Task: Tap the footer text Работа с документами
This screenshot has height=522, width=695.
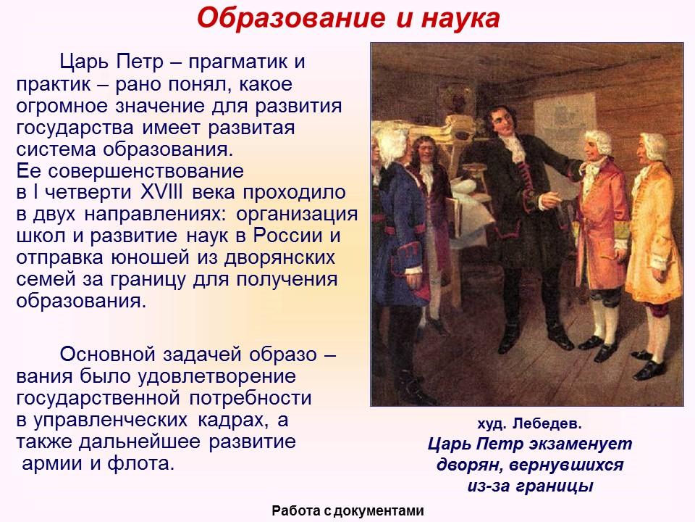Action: [x=347, y=511]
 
